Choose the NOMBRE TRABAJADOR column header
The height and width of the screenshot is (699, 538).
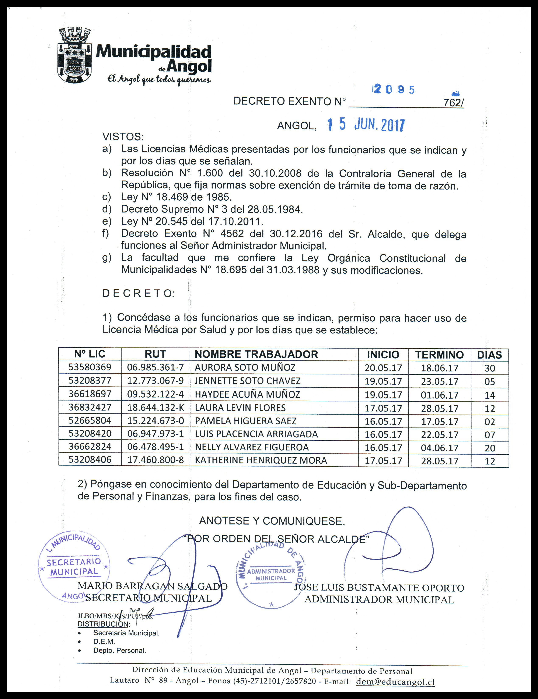pyautogui.click(x=256, y=354)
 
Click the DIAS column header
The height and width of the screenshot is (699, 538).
pyautogui.click(x=489, y=355)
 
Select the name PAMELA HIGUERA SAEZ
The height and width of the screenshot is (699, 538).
pyautogui.click(x=246, y=421)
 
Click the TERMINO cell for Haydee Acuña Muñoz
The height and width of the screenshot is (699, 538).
pyautogui.click(x=440, y=395)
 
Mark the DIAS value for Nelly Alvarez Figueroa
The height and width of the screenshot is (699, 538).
pyautogui.click(x=490, y=448)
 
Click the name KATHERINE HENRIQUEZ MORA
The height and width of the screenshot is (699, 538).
pyautogui.click(x=261, y=461)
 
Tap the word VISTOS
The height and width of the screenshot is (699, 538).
pyautogui.click(x=123, y=137)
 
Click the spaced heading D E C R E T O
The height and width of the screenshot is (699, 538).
pyautogui.click(x=138, y=294)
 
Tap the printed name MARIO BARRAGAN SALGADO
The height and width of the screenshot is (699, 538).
pyautogui.click(x=152, y=586)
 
